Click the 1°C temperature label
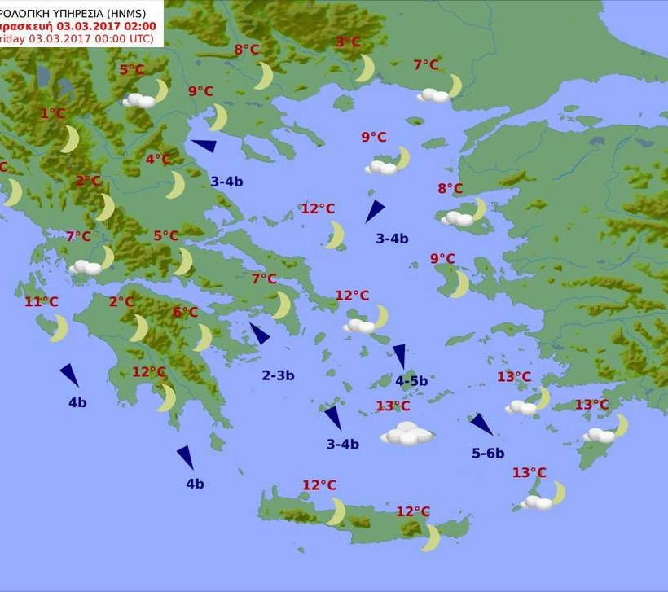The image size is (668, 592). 52,114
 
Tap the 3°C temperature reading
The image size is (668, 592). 348,42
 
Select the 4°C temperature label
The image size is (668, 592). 158,160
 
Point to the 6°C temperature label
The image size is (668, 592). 185,313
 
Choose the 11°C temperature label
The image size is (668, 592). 41,302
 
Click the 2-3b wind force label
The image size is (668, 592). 278,375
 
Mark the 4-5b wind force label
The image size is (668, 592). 411,380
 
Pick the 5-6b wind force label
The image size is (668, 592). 488,454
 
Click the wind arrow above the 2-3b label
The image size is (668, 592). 260,334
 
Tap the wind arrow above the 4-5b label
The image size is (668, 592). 400,355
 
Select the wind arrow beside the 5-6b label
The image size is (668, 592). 481,424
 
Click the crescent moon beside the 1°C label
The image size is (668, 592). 70,139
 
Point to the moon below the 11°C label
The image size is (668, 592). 59,328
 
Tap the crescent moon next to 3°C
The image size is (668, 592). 365,68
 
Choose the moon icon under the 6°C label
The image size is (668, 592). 203,337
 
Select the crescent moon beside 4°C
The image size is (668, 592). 175,185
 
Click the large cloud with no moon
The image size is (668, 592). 407,433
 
